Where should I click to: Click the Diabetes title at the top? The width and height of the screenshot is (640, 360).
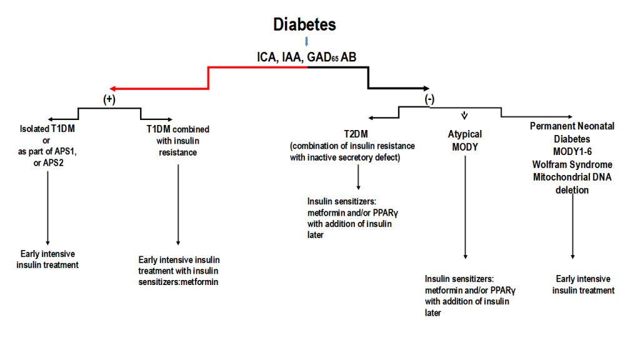pos(304,24)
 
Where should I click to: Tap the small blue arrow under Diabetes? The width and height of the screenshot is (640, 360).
pos(306,42)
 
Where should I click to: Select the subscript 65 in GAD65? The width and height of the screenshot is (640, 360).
pos(335,59)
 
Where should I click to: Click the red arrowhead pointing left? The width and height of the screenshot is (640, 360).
pos(113,89)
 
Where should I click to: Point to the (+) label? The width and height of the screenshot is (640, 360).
pos(109,99)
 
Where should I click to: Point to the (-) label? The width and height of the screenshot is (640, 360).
pos(429,99)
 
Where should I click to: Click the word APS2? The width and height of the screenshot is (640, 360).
pos(53,163)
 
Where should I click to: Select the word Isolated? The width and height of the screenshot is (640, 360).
pos(35,129)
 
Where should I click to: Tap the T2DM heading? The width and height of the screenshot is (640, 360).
pos(356,134)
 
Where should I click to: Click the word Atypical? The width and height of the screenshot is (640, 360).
pos(465,134)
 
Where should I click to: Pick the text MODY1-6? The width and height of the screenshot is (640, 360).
pos(572,152)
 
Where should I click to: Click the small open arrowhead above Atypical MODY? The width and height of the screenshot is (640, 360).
pos(464,116)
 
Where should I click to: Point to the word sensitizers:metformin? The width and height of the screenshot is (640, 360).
pos(178,282)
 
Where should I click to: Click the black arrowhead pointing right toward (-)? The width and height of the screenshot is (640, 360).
pos(426,88)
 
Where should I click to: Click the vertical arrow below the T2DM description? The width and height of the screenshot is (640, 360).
pos(358,177)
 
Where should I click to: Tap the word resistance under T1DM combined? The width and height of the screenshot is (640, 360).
pos(178,152)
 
